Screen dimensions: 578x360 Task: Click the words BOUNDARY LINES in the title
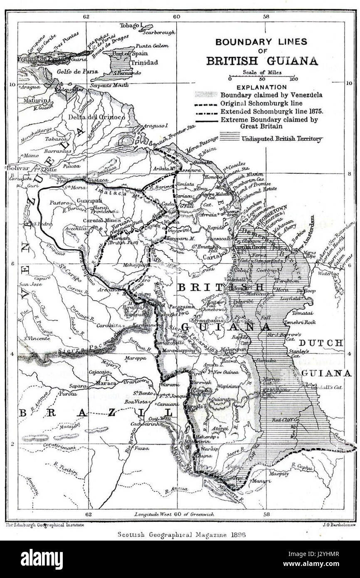click(x=261, y=42)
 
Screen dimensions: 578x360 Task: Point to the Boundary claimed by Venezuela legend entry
click(x=271, y=95)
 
